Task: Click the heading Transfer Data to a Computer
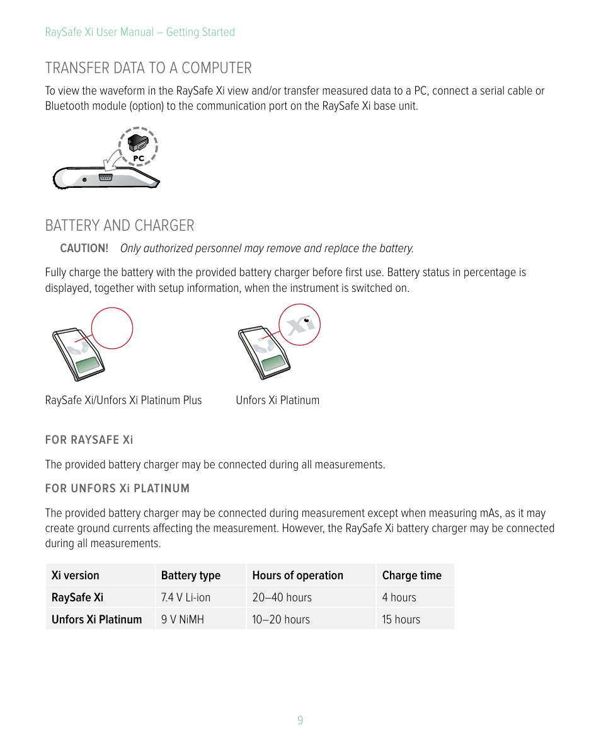pos(148,67)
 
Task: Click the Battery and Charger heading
pos(120,225)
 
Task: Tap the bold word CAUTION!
pos(84,248)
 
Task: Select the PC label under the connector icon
pos(138,158)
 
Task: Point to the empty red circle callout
pos(112,328)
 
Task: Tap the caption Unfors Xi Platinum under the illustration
pos(277,400)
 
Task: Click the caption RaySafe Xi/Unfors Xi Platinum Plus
pos(123,400)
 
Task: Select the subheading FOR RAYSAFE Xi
pos(89,440)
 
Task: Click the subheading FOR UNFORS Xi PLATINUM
pos(117,489)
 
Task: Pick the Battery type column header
pos(190,576)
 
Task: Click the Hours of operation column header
pos(297,576)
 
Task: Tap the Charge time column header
pos(411,576)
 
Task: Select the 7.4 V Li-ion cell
pos(185,598)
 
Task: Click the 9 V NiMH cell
pos(182,620)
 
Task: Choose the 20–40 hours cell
pos(282,598)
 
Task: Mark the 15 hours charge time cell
pos(401,620)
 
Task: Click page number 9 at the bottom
pos(300,720)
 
